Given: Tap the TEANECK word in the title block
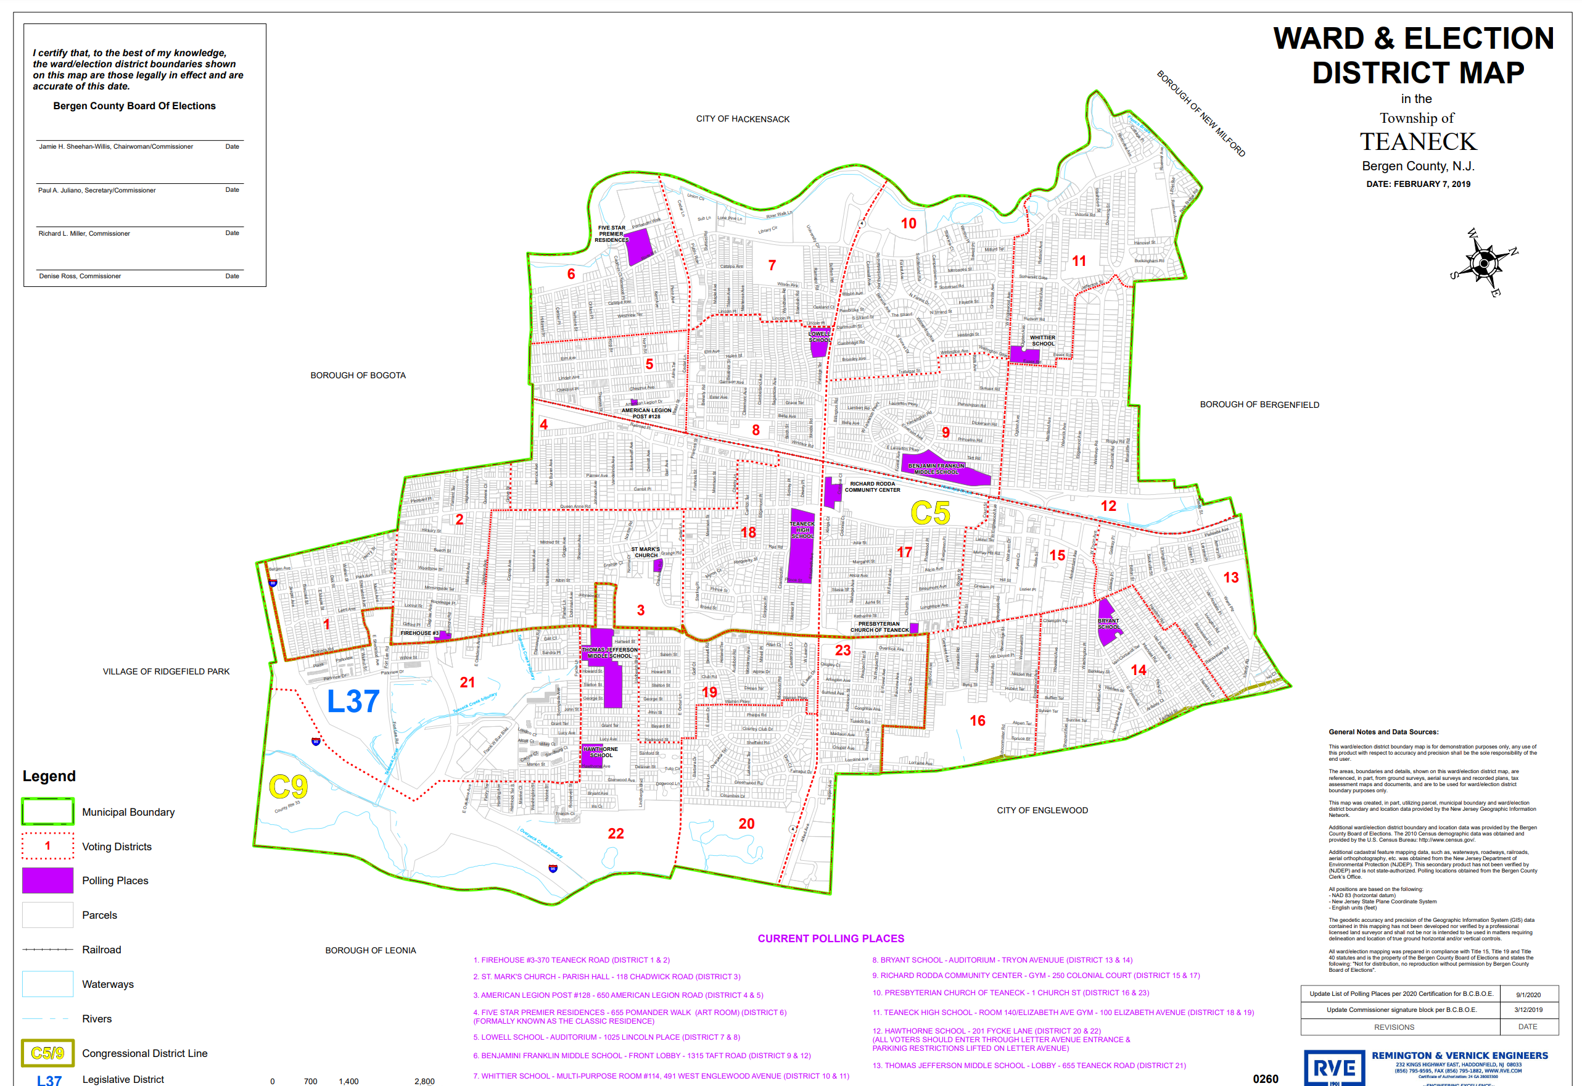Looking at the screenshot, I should click(x=1418, y=142).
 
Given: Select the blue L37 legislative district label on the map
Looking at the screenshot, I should click(x=353, y=702).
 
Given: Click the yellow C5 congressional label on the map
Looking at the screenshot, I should click(x=930, y=513).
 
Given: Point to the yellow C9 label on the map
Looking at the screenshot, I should click(x=288, y=787).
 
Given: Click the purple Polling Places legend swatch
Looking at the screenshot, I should click(x=47, y=881).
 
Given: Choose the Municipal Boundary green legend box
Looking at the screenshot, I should click(x=47, y=811).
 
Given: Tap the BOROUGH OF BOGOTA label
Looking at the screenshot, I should click(x=358, y=375).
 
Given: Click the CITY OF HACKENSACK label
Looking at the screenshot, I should click(x=743, y=119).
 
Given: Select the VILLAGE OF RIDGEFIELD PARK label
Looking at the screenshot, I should click(x=166, y=671).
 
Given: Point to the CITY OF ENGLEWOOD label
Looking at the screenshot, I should click(x=1042, y=810).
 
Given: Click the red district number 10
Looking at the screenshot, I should click(x=908, y=223).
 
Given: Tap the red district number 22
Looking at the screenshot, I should click(x=616, y=834).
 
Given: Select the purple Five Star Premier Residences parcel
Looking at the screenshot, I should click(x=638, y=246).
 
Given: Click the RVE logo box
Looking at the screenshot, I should click(x=1334, y=1067).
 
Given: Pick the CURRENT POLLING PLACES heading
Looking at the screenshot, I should click(x=831, y=939).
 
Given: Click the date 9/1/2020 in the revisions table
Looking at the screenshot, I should click(x=1528, y=994).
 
